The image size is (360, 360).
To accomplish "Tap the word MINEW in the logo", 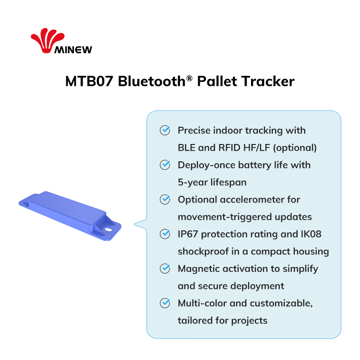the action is [x=73, y=49].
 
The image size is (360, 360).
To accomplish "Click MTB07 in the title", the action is [x=89, y=81].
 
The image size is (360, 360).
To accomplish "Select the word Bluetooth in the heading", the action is [x=152, y=81].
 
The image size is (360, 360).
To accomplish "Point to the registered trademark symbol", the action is [x=189, y=78].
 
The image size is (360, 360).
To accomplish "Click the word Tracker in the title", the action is [x=269, y=81].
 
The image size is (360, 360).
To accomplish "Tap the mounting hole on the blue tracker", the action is [x=108, y=229].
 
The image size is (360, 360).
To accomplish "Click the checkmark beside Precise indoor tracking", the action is [x=165, y=130].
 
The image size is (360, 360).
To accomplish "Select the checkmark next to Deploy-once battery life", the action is [x=165, y=165].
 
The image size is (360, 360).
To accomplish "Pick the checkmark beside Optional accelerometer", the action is [x=165, y=199].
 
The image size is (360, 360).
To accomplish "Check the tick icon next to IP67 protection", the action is [x=165, y=234].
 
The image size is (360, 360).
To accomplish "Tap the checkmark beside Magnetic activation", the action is [x=165, y=268].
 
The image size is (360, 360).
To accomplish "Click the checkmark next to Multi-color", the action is [x=165, y=303].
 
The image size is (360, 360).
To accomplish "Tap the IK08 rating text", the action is [x=311, y=234].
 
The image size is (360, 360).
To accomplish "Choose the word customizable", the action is [x=281, y=303].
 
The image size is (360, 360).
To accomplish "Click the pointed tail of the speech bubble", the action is [x=134, y=224].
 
